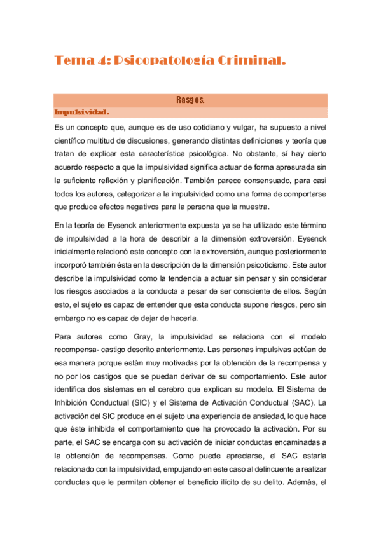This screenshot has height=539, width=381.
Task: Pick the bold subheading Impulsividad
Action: pos(82,113)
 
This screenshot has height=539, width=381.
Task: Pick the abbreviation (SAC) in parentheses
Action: pos(305,402)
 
